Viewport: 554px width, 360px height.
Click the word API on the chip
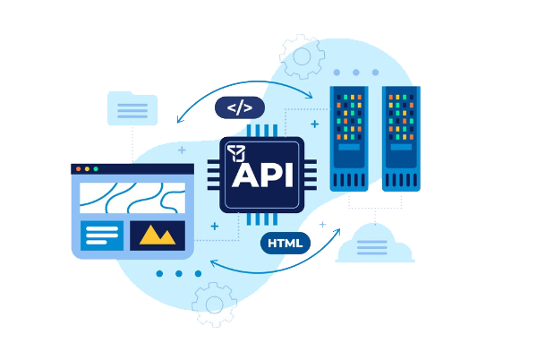point(260,174)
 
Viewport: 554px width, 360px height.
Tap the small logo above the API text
point(236,151)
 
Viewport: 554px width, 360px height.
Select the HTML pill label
point(286,243)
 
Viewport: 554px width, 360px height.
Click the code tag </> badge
point(240,108)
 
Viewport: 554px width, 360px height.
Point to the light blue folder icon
point(132,108)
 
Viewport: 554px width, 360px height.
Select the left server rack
point(349,138)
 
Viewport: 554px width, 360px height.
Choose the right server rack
point(401,138)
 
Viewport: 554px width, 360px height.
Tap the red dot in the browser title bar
point(79,168)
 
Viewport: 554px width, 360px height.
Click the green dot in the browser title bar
point(97,168)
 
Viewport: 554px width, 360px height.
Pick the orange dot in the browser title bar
point(88,168)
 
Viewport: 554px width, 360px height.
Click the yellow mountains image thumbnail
point(158,236)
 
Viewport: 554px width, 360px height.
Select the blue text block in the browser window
point(102,236)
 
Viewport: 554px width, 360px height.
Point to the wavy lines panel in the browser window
point(132,198)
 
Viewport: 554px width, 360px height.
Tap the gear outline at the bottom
point(214,304)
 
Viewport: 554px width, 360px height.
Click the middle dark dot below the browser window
point(179,273)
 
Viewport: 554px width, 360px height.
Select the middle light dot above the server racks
point(355,73)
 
